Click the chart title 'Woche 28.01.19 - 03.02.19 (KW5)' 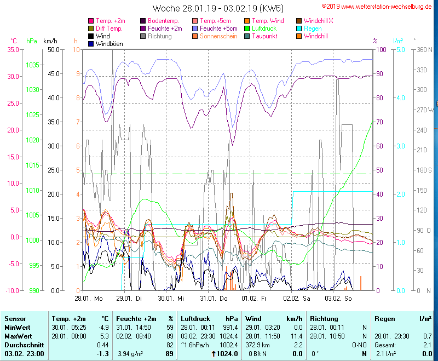218,8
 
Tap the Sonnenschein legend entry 218,36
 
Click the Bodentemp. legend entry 163,20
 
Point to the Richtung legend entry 159,36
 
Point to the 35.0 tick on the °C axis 12,49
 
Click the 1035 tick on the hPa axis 32,65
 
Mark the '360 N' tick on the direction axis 425,49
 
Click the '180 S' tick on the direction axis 425,170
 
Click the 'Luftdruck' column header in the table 195,318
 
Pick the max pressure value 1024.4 227,336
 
